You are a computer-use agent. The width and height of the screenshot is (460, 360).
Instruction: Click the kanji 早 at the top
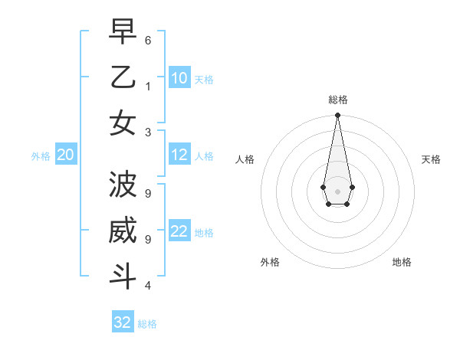pos(123,32)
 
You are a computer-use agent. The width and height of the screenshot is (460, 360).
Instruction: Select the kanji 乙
pos(123,77)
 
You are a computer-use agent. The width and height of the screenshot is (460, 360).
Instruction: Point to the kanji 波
pos(123,185)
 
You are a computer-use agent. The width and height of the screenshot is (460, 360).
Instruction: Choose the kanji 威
pos(123,231)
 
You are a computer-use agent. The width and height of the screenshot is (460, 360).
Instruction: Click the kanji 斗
pos(123,276)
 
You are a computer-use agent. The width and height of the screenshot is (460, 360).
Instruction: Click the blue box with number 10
pos(179,78)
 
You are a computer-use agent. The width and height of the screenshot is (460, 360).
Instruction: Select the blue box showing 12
pos(179,155)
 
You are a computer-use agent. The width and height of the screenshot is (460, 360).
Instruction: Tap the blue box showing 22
pos(179,231)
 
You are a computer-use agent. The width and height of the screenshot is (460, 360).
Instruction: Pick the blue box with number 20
pos(66,155)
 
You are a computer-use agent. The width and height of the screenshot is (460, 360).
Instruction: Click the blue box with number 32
pos(123,322)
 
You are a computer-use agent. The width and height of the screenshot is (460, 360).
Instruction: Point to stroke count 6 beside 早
pos(148,40)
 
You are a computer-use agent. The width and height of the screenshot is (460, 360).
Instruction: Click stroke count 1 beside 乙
pos(148,86)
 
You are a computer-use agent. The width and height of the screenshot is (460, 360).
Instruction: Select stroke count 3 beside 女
pos(148,132)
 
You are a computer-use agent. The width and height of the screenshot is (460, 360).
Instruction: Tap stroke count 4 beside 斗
pos(148,286)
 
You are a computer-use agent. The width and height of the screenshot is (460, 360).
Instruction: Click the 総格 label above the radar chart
pos(337,100)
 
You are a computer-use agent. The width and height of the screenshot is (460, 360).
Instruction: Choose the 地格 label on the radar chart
pos(402,262)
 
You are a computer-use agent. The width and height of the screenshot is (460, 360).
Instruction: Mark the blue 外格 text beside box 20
pos(41,156)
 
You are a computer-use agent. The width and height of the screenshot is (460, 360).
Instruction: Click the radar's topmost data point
pos(337,116)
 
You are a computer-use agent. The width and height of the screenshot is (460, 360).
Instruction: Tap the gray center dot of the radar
pos(337,190)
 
